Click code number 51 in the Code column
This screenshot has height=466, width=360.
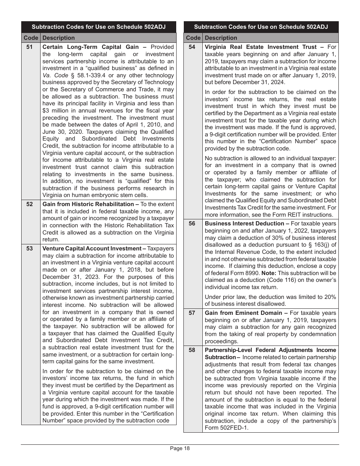click(x=29, y=47)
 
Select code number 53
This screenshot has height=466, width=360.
click(x=29, y=249)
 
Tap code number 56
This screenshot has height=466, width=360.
click(x=192, y=224)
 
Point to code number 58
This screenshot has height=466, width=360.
click(x=192, y=350)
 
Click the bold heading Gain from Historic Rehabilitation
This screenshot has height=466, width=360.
click(x=88, y=205)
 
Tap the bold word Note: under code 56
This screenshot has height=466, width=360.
click(x=269, y=273)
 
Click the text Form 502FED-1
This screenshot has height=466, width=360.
click(x=226, y=428)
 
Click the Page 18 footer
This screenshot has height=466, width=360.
click(x=180, y=449)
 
